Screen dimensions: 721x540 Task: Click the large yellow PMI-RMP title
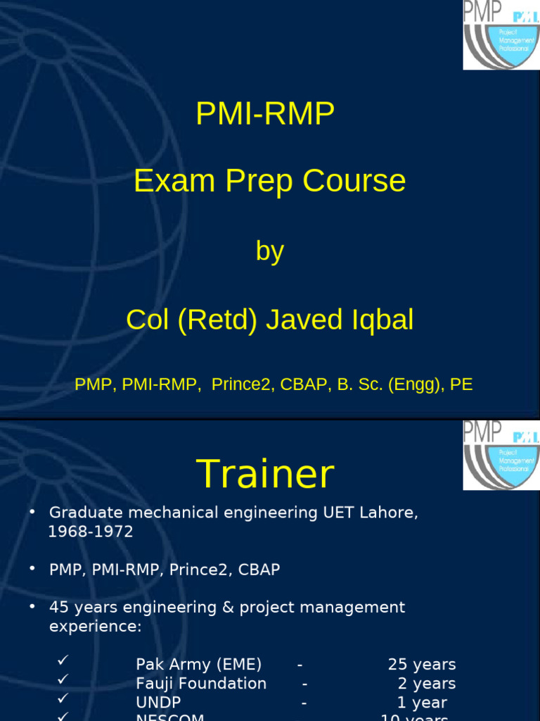point(265,114)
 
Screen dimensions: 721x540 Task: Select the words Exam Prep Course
point(269,181)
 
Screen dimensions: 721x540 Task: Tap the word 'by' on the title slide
point(269,251)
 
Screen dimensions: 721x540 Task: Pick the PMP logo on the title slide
point(501,35)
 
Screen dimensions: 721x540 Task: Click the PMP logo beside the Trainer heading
point(501,455)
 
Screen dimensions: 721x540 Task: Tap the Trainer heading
point(265,474)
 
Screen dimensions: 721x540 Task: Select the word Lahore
point(389,513)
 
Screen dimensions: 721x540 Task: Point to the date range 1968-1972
point(90,532)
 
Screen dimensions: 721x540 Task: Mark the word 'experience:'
point(95,626)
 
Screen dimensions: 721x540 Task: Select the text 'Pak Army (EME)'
point(198,664)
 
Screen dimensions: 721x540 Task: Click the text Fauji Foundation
point(201,683)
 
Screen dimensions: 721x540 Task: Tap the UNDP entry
point(158,702)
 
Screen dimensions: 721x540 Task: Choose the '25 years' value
point(421,664)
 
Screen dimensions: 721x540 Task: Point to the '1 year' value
point(421,702)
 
